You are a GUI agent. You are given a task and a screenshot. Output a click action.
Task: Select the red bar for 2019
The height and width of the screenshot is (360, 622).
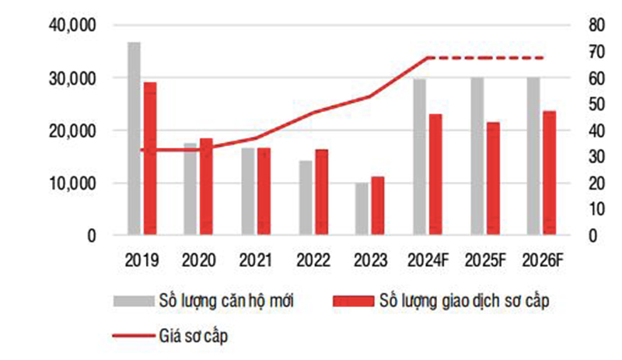[x=150, y=159]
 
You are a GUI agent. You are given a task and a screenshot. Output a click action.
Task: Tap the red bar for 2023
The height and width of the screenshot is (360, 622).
[x=378, y=206]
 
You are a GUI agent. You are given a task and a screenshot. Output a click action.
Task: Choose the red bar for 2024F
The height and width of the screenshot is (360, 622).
[x=435, y=175]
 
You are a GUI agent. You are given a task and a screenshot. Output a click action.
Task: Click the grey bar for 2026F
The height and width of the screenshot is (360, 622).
[x=533, y=156]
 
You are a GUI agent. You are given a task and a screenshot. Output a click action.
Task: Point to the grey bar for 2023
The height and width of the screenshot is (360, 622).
[x=362, y=209]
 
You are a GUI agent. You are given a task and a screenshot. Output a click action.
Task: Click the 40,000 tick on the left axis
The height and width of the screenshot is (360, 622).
[x=71, y=26]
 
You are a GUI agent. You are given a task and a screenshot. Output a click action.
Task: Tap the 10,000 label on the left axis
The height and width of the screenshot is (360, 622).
[x=71, y=183]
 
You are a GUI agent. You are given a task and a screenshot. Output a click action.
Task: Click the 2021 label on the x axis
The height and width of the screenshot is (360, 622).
[x=256, y=260]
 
